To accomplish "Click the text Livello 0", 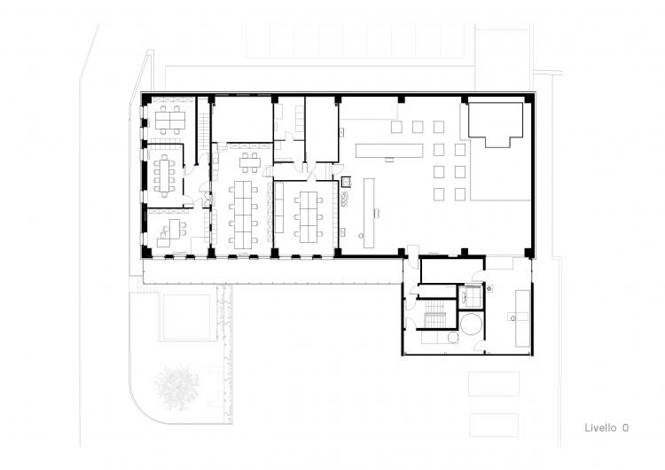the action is (606, 427).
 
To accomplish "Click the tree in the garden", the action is (177, 388).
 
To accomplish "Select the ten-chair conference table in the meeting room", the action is (164, 176).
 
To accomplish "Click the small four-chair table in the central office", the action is (249, 162).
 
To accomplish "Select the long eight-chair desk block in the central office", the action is (243, 212).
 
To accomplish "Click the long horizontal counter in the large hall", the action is (389, 151).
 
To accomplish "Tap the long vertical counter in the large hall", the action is (369, 213).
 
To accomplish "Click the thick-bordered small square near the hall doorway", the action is (347, 182).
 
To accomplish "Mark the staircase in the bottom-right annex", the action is (434, 314).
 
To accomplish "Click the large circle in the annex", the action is (471, 324).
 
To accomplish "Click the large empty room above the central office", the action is (242, 120).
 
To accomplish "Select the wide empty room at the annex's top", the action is (452, 270).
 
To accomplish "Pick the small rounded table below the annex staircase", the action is (453, 338).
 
